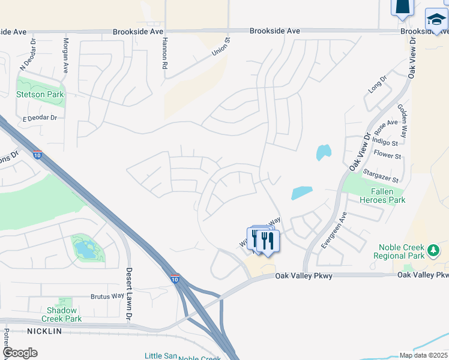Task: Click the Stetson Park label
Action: point(40,94)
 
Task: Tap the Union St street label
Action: point(221,47)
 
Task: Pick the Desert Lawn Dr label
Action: point(128,293)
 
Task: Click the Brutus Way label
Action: point(107,296)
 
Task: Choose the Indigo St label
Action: point(385,143)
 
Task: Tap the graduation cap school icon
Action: point(436,20)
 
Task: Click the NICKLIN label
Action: point(44,331)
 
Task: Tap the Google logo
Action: point(20,353)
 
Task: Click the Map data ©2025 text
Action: point(423,355)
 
